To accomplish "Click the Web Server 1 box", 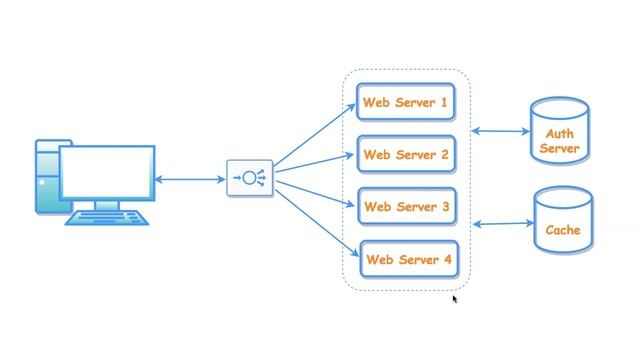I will pos(406,102).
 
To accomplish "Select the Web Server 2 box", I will pos(406,155).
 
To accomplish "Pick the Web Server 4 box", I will pos(408,260).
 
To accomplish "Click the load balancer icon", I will pos(249,179).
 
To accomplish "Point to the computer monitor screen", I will pos(107,173).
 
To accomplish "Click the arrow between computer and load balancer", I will pos(190,180).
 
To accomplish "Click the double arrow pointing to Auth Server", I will pos(502,131).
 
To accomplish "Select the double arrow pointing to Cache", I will pos(502,224).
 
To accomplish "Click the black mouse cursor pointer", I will pos(455,299).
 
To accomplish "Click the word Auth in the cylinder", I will pos(559,134).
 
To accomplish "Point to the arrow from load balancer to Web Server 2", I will pos(315,163).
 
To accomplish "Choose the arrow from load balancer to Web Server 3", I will pos(315,194).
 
